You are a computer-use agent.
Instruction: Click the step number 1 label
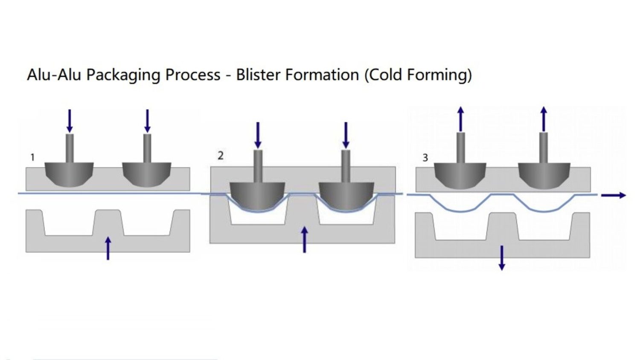32,158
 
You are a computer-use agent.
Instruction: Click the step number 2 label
221,156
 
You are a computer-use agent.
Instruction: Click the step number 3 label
425,158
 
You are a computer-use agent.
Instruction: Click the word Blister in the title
259,75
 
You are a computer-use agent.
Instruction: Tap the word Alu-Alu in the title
54,75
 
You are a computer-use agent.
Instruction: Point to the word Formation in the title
322,75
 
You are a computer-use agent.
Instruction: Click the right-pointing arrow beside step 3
613,195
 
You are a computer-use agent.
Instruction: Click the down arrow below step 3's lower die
502,258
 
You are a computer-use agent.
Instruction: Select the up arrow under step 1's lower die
108,248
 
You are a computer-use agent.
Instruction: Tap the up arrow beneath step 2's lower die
304,239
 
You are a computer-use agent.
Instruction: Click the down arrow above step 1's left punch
70,121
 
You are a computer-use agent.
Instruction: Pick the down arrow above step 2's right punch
346,135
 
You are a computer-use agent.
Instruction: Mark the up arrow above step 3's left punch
460,119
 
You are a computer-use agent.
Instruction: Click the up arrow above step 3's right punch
543,119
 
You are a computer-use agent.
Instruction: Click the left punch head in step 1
70,173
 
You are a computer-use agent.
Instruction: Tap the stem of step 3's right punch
543,148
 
